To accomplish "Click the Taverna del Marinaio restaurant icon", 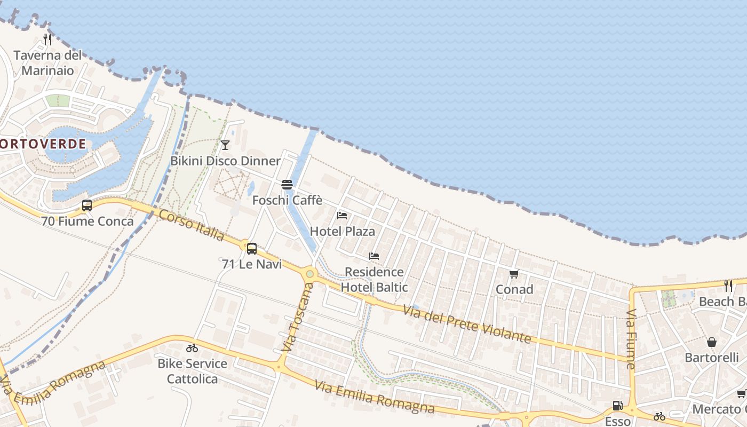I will click(x=47, y=39).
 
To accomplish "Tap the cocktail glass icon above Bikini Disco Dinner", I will click(x=225, y=145).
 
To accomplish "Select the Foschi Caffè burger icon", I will click(x=287, y=185).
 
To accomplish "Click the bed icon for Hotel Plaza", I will click(x=342, y=216).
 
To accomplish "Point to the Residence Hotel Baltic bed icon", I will click(x=374, y=256).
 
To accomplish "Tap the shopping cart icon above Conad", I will click(x=514, y=274).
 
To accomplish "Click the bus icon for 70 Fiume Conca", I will click(x=86, y=205).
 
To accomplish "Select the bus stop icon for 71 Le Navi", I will click(x=251, y=248).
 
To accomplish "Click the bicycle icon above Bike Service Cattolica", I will click(x=192, y=348).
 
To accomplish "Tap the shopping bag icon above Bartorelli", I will click(x=711, y=342).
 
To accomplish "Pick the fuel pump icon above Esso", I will click(x=617, y=406).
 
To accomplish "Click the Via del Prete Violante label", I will click(x=467, y=324).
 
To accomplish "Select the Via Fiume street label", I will click(x=631, y=338).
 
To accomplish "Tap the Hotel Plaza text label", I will click(x=342, y=232).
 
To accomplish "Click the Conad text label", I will click(x=514, y=289).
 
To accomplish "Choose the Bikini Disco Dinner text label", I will click(x=225, y=161).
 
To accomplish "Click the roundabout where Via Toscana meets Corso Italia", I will click(x=309, y=274).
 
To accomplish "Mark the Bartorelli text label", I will click(x=712, y=358).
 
